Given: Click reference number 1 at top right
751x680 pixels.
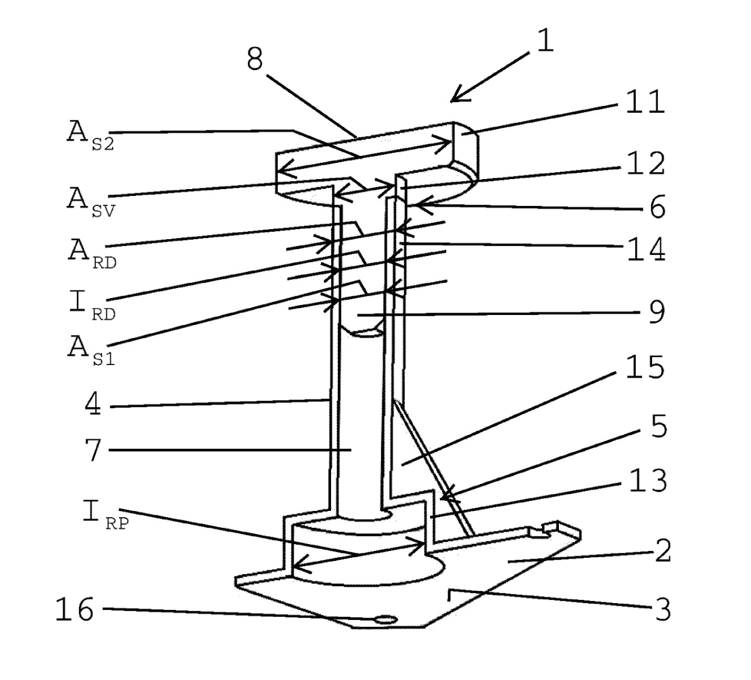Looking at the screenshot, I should tap(545, 42).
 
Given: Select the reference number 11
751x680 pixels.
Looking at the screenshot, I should tap(645, 102).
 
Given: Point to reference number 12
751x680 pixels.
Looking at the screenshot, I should tap(646, 163).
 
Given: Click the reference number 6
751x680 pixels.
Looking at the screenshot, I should tap(656, 207).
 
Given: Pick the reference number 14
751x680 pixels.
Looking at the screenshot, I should tap(645, 250).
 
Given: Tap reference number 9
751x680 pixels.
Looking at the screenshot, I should tap(656, 312).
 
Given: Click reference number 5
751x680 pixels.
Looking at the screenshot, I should tap(656, 428).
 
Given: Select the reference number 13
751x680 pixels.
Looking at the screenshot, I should tap(645, 481).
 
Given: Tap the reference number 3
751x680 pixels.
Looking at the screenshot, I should tap(661, 609).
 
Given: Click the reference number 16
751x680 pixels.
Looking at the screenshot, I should tap(75, 609).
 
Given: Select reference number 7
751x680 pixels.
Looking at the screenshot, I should tap(92, 450).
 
